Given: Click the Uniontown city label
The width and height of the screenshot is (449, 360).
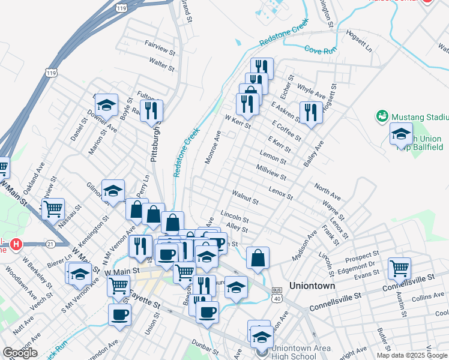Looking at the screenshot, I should pyautogui.click(x=312, y=286).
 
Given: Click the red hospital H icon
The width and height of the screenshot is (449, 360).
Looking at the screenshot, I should pyautogui.click(x=16, y=245).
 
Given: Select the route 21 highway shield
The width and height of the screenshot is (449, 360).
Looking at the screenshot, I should pyautogui.click(x=50, y=244).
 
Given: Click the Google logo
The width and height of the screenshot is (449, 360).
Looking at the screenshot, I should pyautogui.click(x=20, y=353).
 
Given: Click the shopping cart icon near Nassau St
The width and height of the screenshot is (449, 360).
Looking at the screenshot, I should pyautogui.click(x=53, y=209).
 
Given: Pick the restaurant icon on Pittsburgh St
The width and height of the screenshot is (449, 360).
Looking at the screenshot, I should pyautogui.click(x=152, y=110).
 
